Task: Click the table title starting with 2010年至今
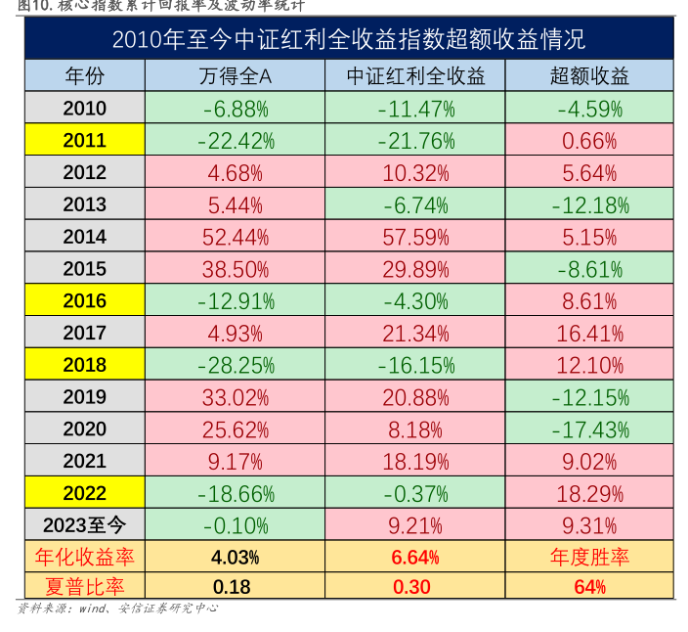click(349, 40)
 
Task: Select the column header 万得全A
click(236, 76)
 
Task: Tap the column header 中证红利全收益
click(416, 76)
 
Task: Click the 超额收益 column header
click(589, 76)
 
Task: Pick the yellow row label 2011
click(84, 141)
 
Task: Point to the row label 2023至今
click(84, 524)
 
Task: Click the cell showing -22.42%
click(236, 141)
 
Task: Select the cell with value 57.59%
click(416, 237)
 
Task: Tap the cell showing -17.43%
click(589, 429)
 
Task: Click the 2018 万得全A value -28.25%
click(236, 365)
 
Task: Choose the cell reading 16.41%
click(589, 333)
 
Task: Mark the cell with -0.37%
click(416, 492)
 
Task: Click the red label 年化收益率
click(84, 558)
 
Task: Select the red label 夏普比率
click(84, 587)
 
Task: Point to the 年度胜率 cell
click(589, 558)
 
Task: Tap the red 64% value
click(589, 587)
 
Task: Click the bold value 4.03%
click(236, 558)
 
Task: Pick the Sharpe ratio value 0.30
click(416, 587)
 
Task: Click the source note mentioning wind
click(117, 609)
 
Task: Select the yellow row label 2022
click(84, 492)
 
